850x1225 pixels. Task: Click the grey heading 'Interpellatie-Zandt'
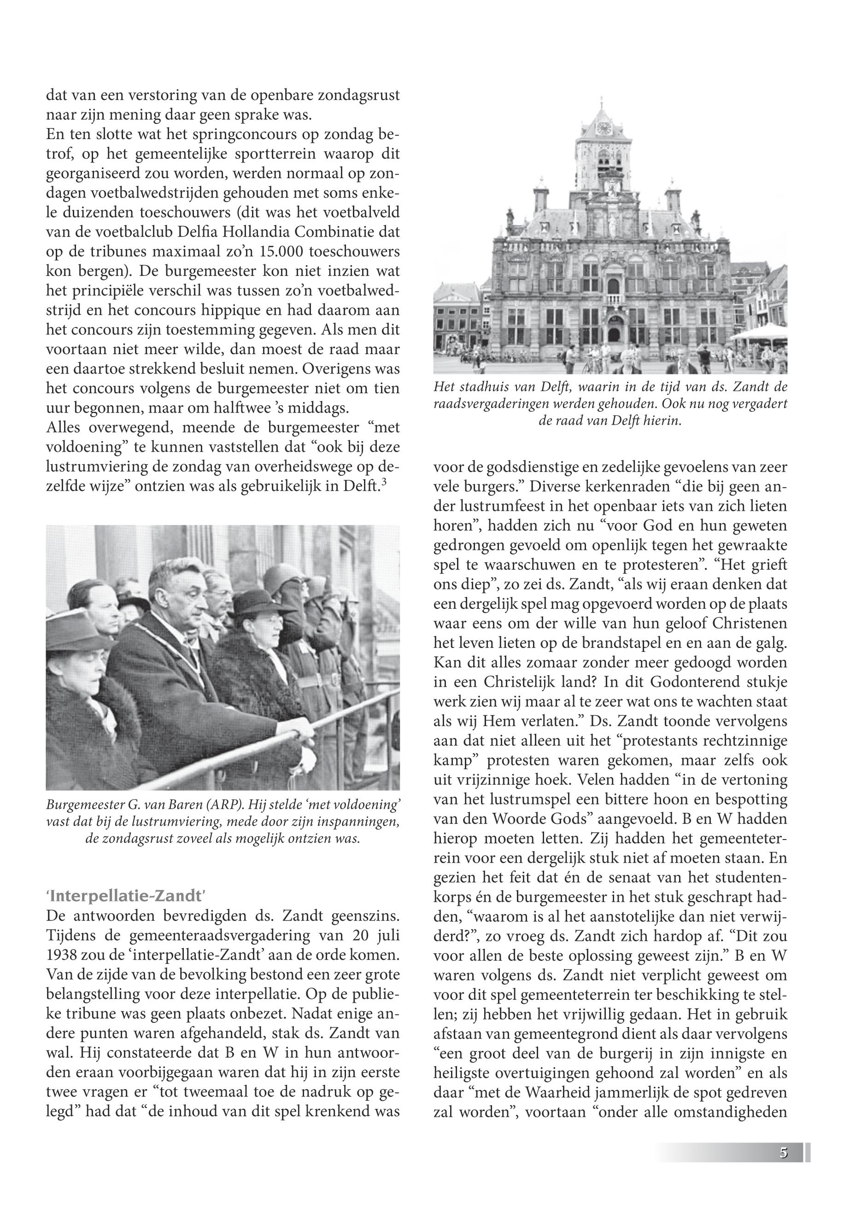point(126,895)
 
